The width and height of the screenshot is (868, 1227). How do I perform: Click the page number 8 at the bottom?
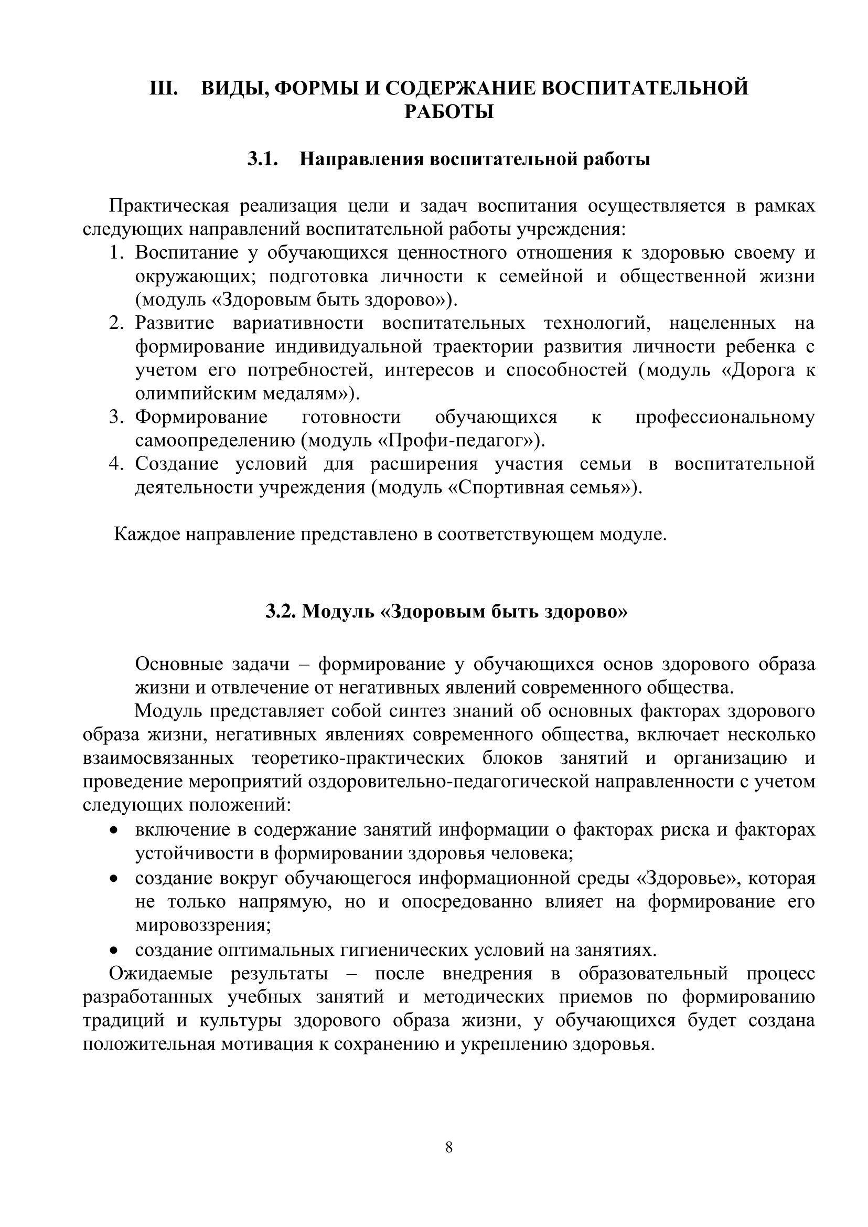[x=449, y=1147]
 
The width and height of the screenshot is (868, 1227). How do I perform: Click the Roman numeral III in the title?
[x=164, y=88]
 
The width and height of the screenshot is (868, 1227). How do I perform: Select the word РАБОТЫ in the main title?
[x=449, y=112]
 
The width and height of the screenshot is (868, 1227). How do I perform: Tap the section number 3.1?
[x=262, y=159]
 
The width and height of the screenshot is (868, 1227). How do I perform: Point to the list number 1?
[x=116, y=253]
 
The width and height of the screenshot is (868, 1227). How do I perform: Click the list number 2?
[x=116, y=324]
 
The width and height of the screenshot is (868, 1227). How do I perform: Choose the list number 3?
[x=116, y=418]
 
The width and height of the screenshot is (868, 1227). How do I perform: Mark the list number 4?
[x=116, y=464]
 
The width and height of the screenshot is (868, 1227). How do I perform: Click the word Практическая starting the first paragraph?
[x=169, y=206]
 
